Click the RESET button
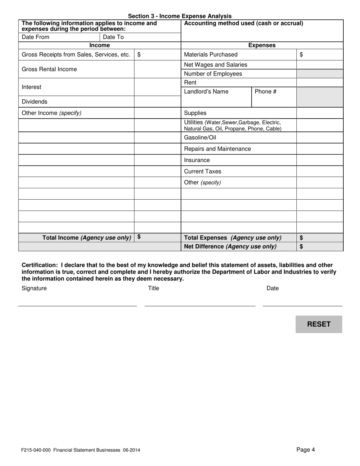[319, 324]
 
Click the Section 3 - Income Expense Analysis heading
[180, 16]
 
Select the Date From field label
[36, 37]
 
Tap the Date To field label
[113, 37]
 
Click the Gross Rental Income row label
[49, 69]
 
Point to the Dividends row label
[34, 102]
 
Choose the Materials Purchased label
[211, 55]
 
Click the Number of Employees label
[213, 74]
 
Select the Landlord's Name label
[206, 91]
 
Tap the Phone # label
[265, 91]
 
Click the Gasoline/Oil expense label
[200, 138]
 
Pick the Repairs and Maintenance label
[217, 149]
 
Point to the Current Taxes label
[202, 171]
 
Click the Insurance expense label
[197, 160]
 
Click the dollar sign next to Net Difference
[301, 247]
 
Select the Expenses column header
[262, 45]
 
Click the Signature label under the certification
[34, 288]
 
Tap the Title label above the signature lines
[153, 288]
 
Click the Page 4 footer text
[305, 450]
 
